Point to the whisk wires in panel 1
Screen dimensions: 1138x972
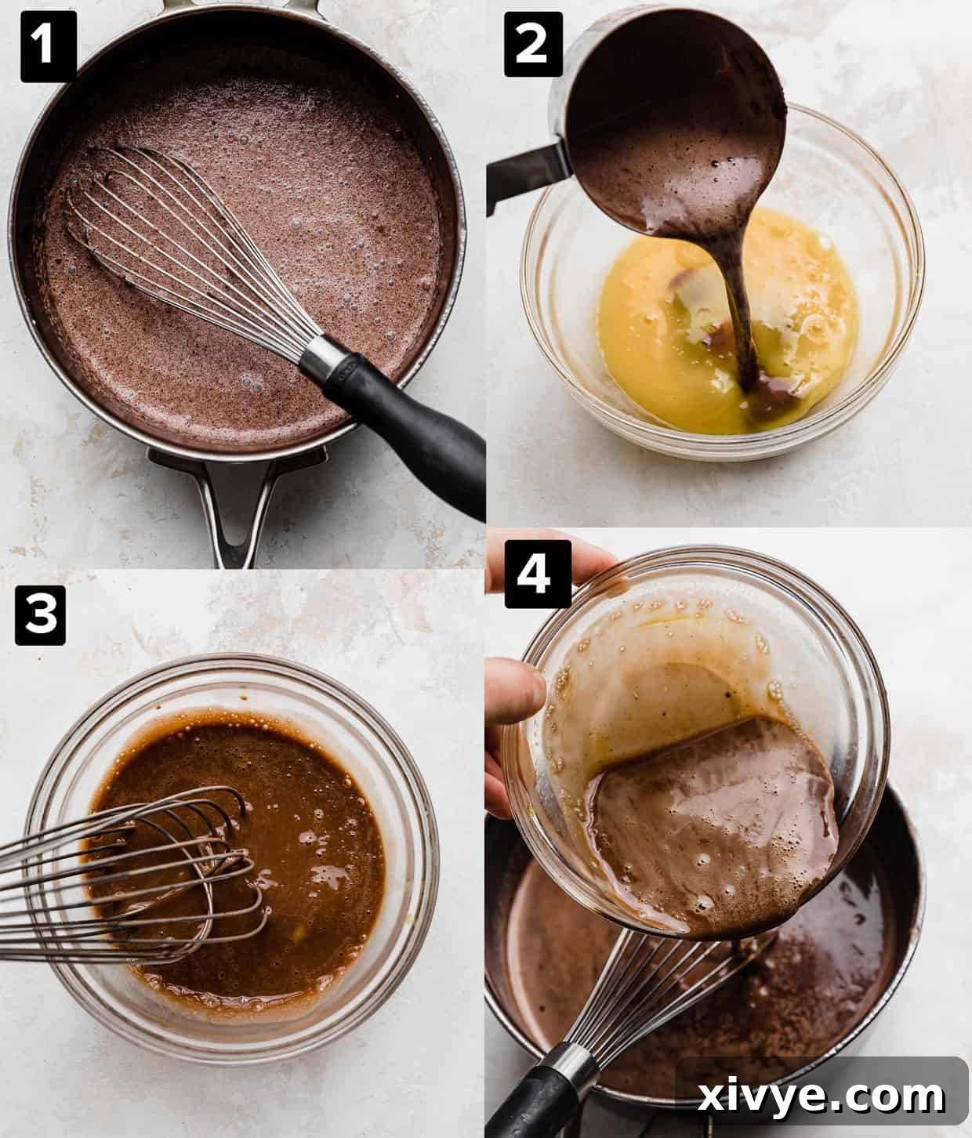tap(180, 235)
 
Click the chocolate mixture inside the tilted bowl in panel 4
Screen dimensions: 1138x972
tap(705, 831)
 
